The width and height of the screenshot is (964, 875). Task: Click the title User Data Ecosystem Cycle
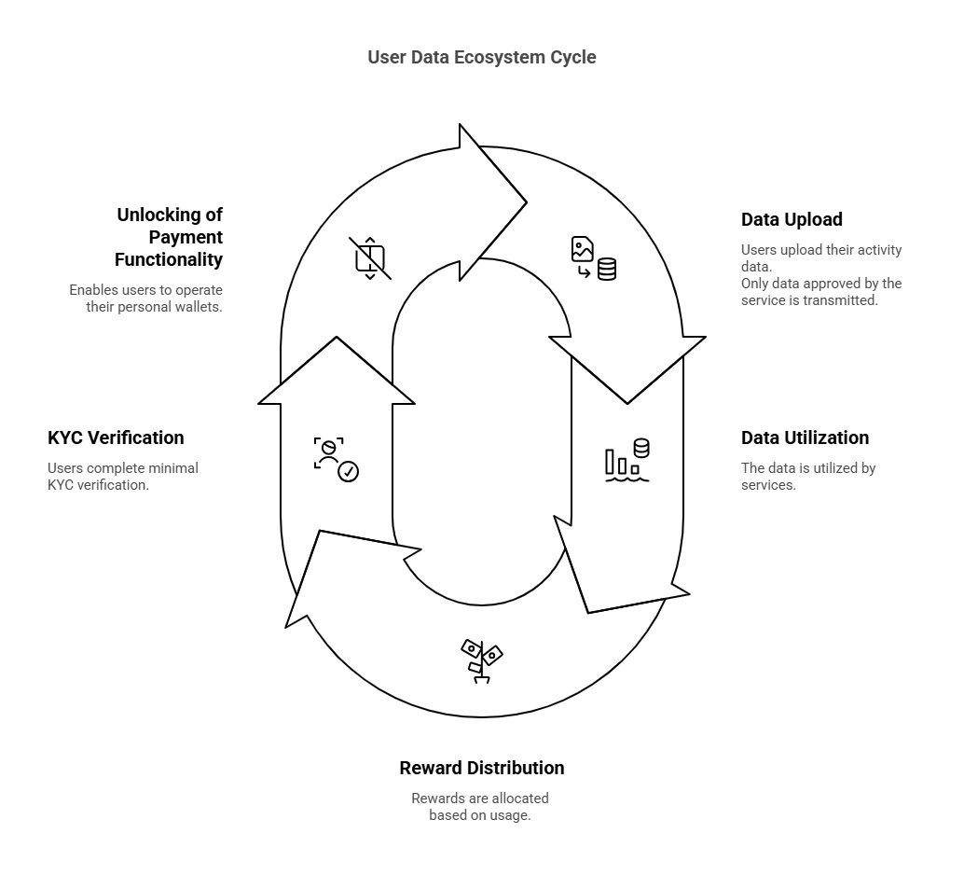481,57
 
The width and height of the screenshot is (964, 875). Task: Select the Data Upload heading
792,219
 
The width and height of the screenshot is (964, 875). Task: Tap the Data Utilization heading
805,437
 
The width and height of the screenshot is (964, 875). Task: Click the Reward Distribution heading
481,768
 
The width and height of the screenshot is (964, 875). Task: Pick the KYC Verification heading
116,437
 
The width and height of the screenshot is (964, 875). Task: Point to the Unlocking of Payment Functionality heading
169,237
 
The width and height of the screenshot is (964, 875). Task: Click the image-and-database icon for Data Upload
594,258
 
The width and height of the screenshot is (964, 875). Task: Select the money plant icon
481,660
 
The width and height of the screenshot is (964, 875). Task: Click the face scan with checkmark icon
336,458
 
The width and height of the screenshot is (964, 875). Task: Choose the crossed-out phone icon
370,258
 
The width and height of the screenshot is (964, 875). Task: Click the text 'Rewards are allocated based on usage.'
480,807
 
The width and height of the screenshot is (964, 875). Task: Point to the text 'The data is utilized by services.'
808,477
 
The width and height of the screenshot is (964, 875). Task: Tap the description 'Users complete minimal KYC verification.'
123,477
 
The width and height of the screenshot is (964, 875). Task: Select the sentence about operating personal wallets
145,299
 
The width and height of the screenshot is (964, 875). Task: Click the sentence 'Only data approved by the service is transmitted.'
821,292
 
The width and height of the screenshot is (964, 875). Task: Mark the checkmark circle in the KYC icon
349,472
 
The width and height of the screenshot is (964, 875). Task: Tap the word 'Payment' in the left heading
186,237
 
